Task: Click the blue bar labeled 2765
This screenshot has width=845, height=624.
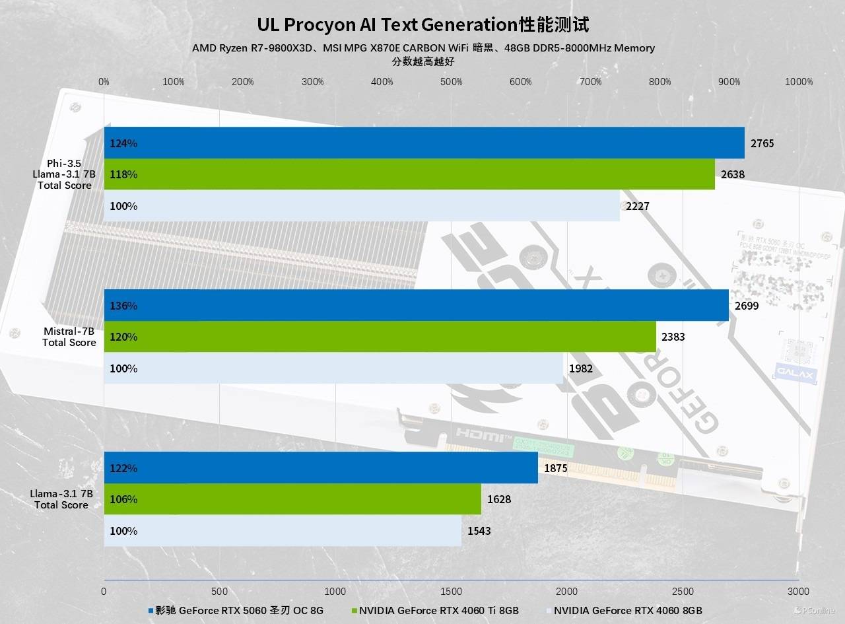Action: coord(424,143)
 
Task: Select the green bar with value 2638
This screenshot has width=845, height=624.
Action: coord(409,174)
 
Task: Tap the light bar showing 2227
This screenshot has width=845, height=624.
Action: coord(362,206)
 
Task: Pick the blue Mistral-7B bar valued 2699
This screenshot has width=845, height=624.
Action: coord(416,306)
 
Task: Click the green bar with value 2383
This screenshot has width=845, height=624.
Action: coord(380,337)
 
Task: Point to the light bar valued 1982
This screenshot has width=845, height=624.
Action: coord(333,368)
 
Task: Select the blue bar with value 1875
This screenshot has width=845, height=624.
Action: coord(321,468)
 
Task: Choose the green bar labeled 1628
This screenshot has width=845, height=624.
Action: coord(292,499)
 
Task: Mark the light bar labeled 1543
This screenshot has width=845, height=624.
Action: coord(283,531)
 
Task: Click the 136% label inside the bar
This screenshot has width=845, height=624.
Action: coord(123,306)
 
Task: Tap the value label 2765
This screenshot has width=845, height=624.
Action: coord(762,143)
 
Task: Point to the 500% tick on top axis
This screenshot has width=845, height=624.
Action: coord(452,82)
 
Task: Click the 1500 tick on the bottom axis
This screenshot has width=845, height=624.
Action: coord(451,592)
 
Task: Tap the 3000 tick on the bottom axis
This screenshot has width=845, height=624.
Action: coord(798,592)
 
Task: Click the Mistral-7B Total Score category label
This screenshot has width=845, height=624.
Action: coord(69,337)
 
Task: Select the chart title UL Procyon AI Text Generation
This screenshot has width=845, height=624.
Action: coord(422,25)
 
